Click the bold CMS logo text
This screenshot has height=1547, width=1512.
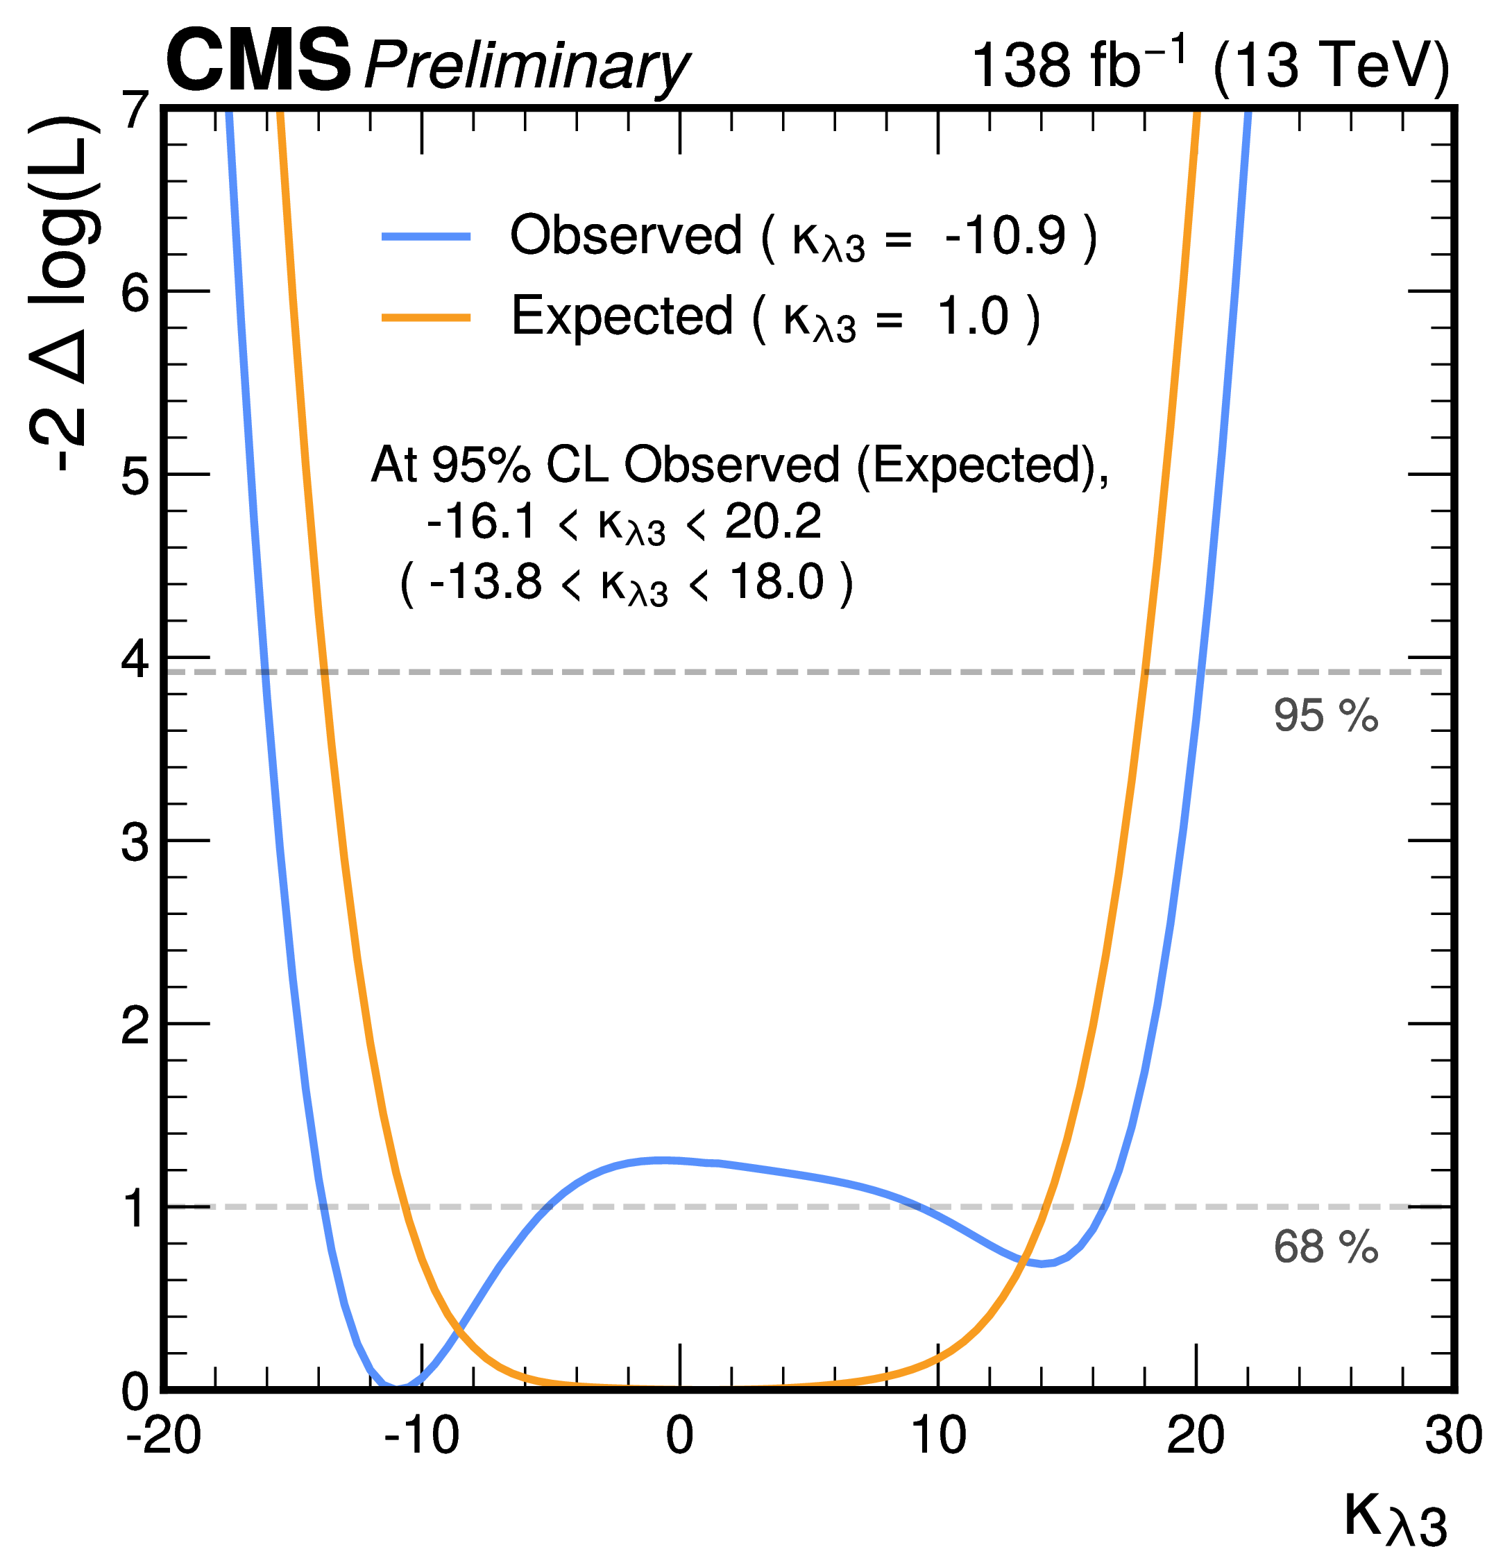pyautogui.click(x=258, y=60)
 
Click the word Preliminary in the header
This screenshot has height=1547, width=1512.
pyautogui.click(x=526, y=65)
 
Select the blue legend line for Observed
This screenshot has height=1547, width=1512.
pyautogui.click(x=427, y=237)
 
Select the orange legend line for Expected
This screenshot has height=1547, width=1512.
pyautogui.click(x=427, y=318)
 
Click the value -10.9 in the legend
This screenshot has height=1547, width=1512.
pyautogui.click(x=1005, y=236)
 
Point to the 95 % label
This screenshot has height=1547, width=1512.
pyautogui.click(x=1325, y=715)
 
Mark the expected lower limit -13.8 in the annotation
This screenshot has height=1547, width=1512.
pyautogui.click(x=485, y=582)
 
